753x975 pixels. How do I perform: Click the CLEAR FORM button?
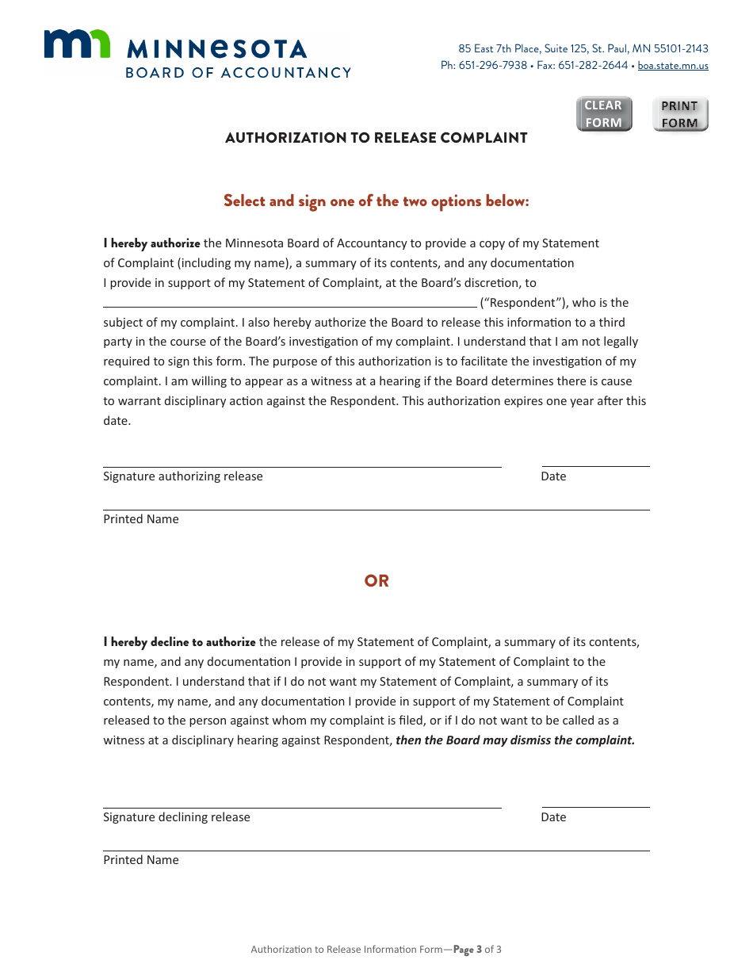click(x=604, y=114)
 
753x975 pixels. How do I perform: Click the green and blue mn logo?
click(x=77, y=44)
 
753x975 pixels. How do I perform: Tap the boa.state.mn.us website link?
click(x=673, y=66)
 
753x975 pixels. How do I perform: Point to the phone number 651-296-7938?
click(x=492, y=66)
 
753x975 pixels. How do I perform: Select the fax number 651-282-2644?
click(x=593, y=66)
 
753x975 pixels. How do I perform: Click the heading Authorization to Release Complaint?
click(x=376, y=138)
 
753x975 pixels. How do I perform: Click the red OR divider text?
click(x=376, y=581)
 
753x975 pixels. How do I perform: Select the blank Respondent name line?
click(x=290, y=300)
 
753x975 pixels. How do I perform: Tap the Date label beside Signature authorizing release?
click(x=553, y=476)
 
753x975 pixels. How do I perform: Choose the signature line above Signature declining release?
click(x=302, y=802)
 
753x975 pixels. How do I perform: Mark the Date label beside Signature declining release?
click(x=553, y=817)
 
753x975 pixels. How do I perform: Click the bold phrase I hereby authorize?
click(x=151, y=243)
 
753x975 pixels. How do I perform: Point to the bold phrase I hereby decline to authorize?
click(x=179, y=642)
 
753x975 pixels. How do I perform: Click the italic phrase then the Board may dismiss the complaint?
click(x=515, y=740)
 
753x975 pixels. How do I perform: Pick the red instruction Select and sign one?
click(x=376, y=201)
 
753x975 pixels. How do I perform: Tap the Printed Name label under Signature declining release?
click(x=141, y=860)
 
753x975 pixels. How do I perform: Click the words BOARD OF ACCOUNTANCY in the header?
click(x=238, y=73)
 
